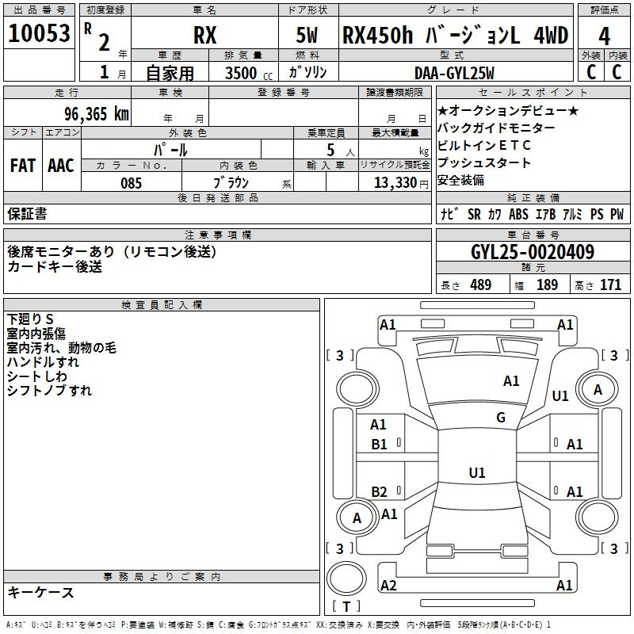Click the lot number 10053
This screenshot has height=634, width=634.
[x=39, y=33]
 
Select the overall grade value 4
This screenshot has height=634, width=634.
[x=604, y=36]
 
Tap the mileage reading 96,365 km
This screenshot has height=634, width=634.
[x=97, y=114]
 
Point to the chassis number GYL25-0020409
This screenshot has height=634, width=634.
[x=533, y=252]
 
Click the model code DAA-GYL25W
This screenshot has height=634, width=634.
[x=454, y=73]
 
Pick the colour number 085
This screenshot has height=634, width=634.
[x=131, y=183]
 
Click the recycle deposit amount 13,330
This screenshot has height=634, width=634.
[x=395, y=183]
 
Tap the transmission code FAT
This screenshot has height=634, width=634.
[x=23, y=166]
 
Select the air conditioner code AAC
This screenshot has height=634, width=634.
[x=61, y=166]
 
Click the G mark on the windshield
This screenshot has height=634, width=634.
[x=501, y=418]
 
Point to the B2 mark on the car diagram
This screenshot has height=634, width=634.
[x=379, y=491]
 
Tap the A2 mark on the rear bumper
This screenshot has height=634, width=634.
[x=388, y=585]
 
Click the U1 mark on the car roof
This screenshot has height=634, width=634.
[x=477, y=472]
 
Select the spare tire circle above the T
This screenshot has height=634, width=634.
[x=346, y=578]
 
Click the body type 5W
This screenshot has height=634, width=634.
[x=307, y=35]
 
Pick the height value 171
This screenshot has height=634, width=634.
[x=610, y=285]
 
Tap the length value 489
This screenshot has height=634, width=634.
[x=481, y=285]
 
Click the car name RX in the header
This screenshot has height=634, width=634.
[x=204, y=35]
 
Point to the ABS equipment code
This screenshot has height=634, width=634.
[x=518, y=214]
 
